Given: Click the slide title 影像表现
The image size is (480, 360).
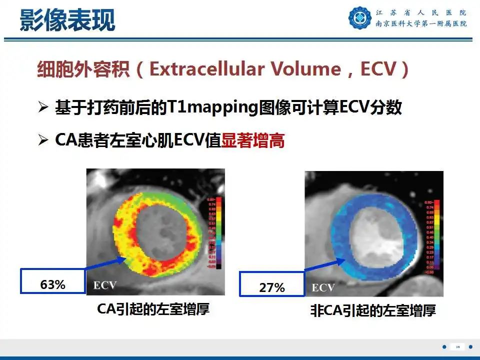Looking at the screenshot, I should point(67,20).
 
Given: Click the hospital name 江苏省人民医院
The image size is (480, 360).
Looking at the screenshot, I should point(421,12).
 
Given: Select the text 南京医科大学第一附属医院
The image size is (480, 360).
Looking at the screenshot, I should point(421,24).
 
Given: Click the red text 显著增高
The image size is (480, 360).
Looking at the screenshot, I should point(253,141).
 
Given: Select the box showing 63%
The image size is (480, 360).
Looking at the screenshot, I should point(52,284).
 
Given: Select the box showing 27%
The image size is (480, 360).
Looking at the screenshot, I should point(272,287).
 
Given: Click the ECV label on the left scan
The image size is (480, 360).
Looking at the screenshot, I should point(105,285).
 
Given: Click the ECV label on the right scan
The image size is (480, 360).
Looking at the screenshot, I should point(323,287).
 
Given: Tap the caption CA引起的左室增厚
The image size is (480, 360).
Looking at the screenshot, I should point(153,309).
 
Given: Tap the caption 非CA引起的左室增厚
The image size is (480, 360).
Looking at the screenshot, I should point(372,311).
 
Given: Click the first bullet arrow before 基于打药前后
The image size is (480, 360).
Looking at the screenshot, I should point(43,108).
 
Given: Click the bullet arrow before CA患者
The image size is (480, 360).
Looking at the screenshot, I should point(43,141).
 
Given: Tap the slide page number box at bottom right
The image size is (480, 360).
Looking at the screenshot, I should point(457,347).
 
